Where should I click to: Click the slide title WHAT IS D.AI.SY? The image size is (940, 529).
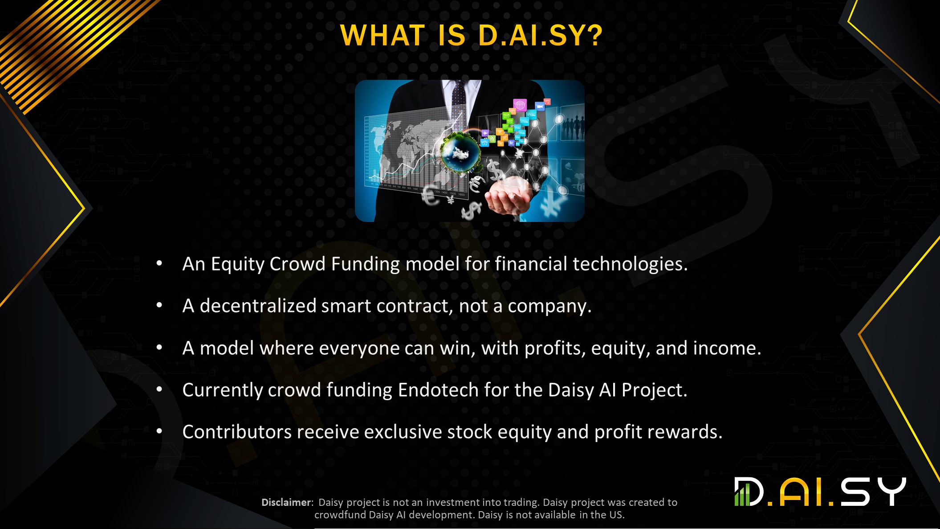(471, 35)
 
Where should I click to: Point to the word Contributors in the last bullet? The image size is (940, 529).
(236, 432)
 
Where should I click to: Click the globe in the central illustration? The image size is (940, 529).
(461, 152)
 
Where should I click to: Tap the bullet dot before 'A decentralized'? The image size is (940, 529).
(159, 305)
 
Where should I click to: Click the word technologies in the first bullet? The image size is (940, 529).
(630, 264)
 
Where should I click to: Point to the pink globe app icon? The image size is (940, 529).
(520, 105)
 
